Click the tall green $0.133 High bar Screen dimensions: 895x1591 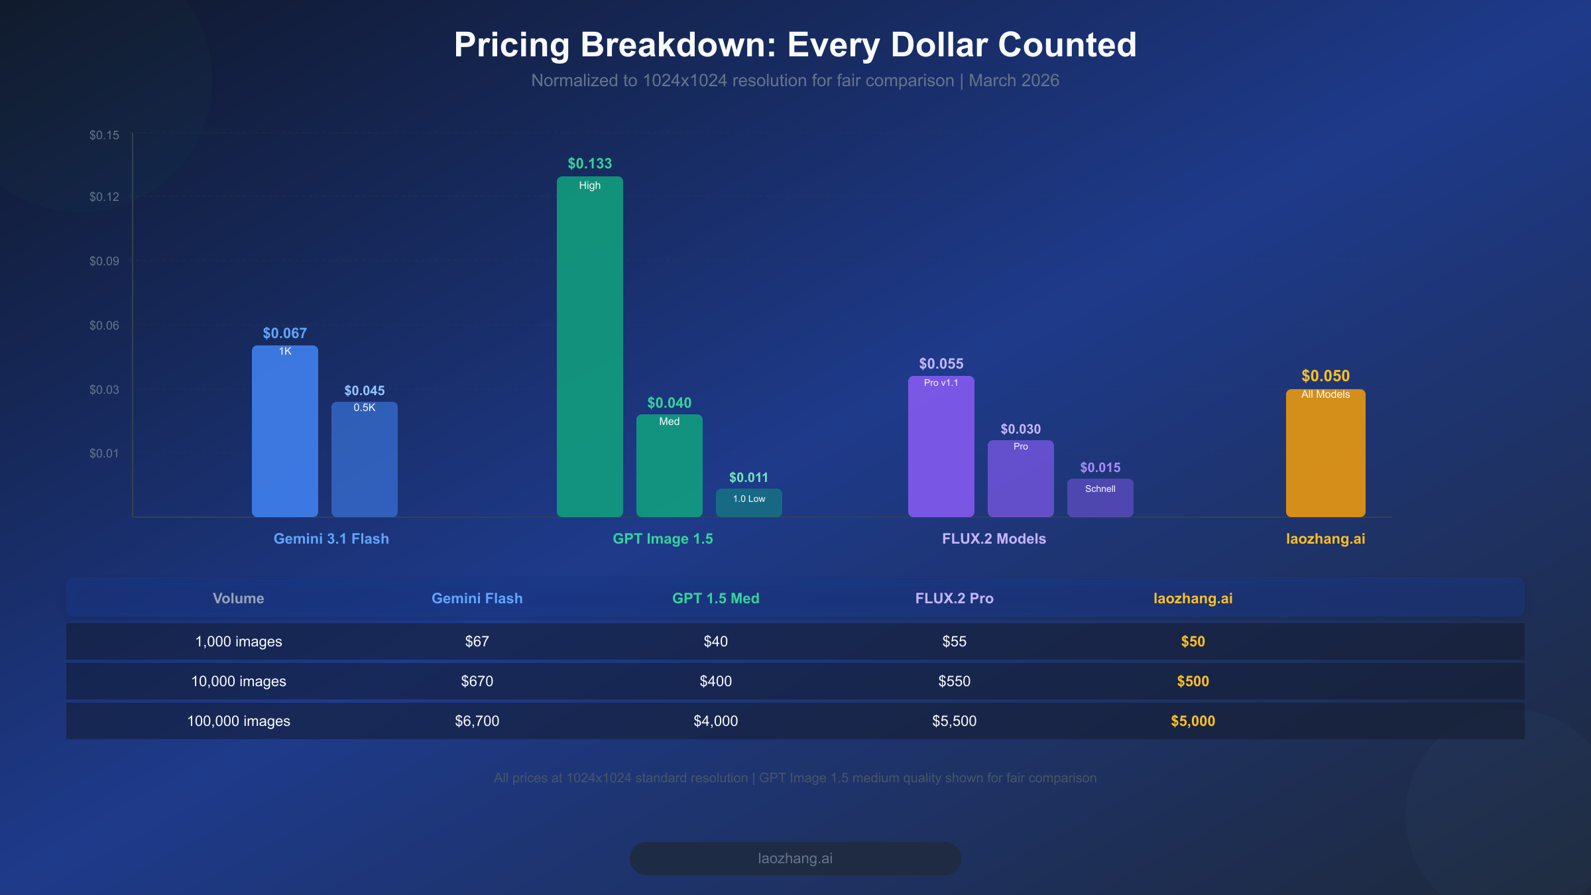tap(589, 345)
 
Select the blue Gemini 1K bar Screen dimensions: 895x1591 tap(284, 431)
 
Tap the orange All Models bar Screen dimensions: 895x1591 tap(1325, 454)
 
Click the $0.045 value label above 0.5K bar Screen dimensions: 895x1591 tap(364, 390)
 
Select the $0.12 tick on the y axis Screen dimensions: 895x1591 tap(104, 197)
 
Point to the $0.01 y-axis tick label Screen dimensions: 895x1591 tap(104, 453)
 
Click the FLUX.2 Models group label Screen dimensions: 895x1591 tap(994, 538)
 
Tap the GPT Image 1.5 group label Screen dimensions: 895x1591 tap(662, 538)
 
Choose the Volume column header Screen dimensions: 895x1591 tap(238, 598)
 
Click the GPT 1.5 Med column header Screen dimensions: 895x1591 tap(715, 598)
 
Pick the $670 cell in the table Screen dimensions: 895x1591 tap(477, 681)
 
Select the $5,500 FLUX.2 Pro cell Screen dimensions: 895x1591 tap(954, 721)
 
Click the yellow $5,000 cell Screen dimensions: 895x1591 tap(1193, 721)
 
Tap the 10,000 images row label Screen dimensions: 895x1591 tap(238, 681)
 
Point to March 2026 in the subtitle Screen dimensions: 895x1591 tap(1014, 80)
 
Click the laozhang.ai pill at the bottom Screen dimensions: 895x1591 tap(795, 858)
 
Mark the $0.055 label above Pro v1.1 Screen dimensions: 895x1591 tap(941, 363)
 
